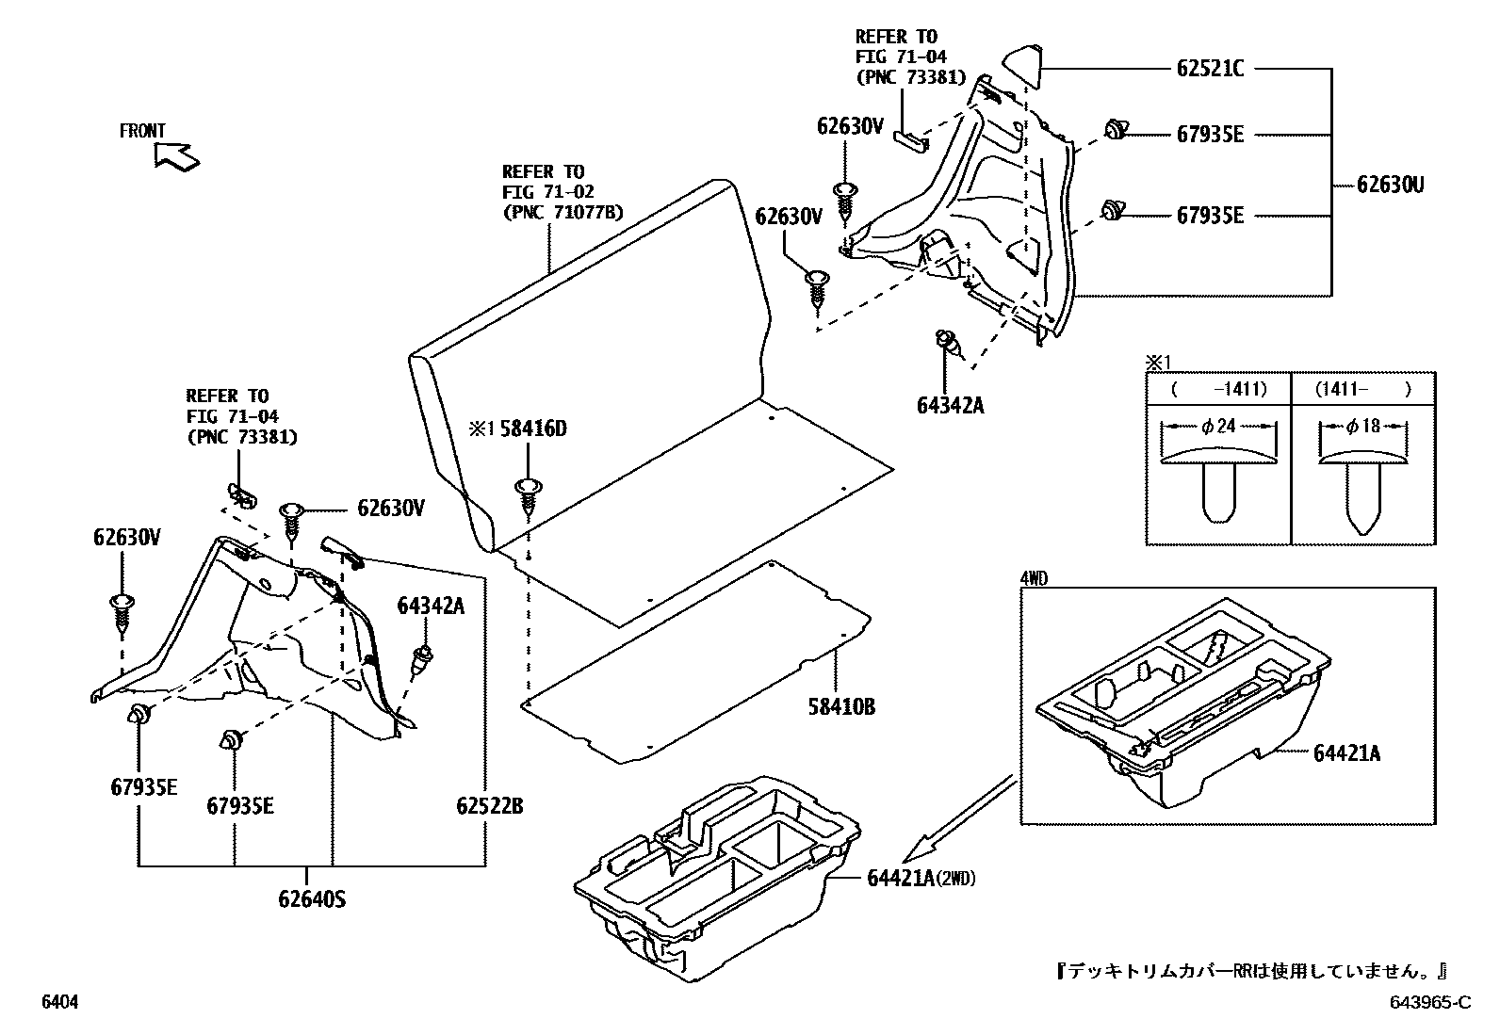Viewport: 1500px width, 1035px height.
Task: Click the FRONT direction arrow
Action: tap(176, 156)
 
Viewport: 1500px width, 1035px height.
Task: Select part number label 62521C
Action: tap(1210, 69)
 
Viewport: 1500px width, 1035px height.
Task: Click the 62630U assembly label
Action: tap(1390, 185)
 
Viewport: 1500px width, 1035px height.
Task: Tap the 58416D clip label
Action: tap(532, 429)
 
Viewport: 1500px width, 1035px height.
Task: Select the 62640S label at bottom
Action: tap(312, 899)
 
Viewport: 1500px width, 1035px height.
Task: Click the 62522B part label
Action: tap(489, 806)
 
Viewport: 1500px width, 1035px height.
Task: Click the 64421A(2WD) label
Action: tap(921, 879)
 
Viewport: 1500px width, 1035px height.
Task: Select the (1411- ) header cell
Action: tap(1362, 389)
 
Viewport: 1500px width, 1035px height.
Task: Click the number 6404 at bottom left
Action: tap(58, 1003)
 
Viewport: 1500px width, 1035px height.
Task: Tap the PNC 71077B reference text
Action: tap(562, 213)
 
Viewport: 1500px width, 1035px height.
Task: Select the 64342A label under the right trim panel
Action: tap(949, 405)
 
